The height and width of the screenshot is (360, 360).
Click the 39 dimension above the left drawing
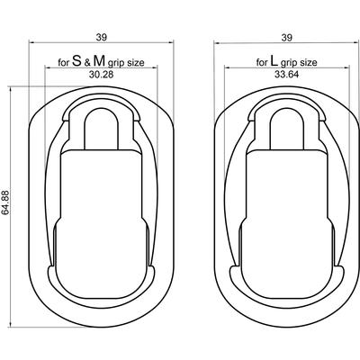[x=102, y=37]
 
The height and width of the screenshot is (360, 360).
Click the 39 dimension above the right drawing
[x=287, y=38]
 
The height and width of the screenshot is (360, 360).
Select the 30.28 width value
[x=101, y=75]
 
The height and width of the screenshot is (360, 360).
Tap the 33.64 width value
[x=286, y=75]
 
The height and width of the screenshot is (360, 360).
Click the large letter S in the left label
[x=77, y=61]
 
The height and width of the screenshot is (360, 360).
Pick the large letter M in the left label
[x=99, y=61]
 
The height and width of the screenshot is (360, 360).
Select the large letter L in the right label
[x=274, y=61]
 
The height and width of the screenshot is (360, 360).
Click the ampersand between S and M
[x=87, y=63]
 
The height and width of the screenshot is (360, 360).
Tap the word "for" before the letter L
[x=262, y=62]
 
